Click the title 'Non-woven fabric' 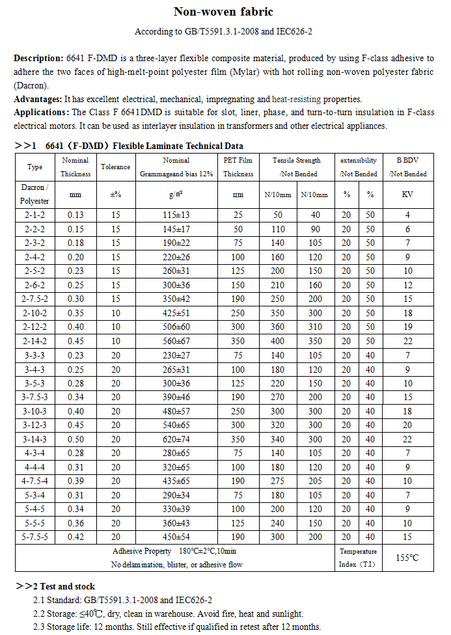[x=223, y=12]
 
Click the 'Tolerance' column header [x=115, y=167]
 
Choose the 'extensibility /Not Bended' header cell [x=358, y=167]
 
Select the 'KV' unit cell [x=407, y=194]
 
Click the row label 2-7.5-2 [x=34, y=299]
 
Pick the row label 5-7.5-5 [x=34, y=537]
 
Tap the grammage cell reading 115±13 [x=176, y=215]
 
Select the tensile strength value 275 [x=278, y=481]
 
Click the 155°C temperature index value [x=407, y=558]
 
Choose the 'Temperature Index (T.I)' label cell [x=357, y=558]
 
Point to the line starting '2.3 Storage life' [x=176, y=627]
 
